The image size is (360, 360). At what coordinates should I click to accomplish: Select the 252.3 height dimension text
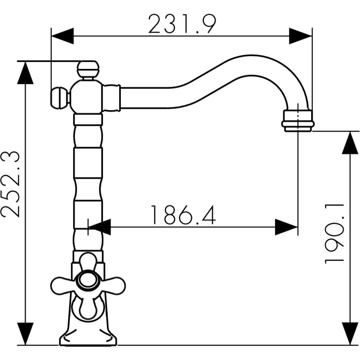[x=11, y=184]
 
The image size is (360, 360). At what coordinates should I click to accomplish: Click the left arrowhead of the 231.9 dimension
[x=63, y=36]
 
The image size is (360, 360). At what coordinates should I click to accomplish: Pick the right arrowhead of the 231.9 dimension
[x=300, y=36]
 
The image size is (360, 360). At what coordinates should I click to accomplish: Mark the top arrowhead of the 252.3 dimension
[x=25, y=73]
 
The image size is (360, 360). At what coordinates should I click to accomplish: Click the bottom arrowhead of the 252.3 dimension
[x=25, y=333]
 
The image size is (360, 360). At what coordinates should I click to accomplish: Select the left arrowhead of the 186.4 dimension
[x=100, y=227]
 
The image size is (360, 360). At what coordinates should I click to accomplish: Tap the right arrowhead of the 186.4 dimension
[x=286, y=227]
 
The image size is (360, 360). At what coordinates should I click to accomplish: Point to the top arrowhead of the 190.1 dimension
[x=350, y=143]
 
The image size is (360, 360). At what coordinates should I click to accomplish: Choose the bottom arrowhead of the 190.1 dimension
[x=350, y=333]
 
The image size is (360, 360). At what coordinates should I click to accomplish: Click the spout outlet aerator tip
[x=298, y=121]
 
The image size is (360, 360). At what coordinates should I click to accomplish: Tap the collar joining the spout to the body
[x=111, y=98]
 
